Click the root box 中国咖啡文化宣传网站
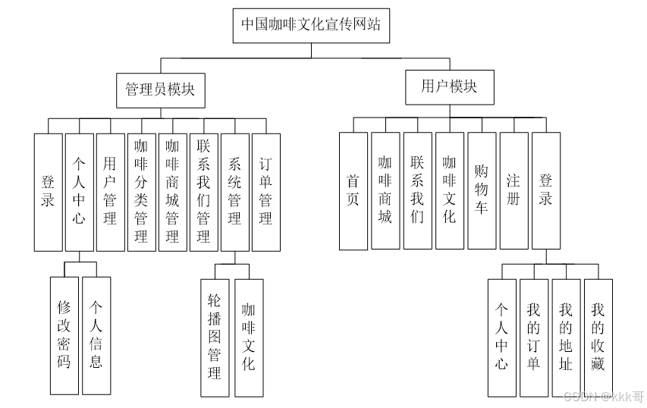click(311, 25)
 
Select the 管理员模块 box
click(160, 89)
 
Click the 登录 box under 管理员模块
click(48, 192)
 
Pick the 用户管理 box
click(110, 192)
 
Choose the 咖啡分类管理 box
click(141, 192)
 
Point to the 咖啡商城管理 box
click(172, 192)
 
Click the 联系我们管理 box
click(203, 192)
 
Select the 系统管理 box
click(234, 192)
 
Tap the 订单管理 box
click(265, 192)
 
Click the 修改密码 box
click(64, 335)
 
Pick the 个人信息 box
click(96, 335)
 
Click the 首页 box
click(353, 191)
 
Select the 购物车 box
click(481, 191)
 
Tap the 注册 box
click(514, 191)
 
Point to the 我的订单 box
click(533, 337)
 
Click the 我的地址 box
click(565, 337)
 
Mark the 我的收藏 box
click(598, 337)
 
